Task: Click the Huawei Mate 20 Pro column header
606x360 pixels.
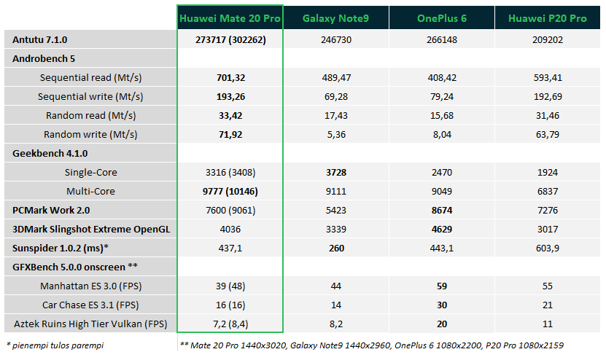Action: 230,18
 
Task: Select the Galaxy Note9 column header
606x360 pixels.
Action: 335,18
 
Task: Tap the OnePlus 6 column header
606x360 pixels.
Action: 442,18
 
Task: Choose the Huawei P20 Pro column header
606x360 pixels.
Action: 547,18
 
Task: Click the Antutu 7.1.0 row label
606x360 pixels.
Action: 40,40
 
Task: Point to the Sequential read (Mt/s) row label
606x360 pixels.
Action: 91,78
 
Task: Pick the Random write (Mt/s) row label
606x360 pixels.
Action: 90,134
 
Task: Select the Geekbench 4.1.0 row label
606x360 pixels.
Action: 50,153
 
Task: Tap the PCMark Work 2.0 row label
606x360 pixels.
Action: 51,210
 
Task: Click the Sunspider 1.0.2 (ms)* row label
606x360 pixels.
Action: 61,248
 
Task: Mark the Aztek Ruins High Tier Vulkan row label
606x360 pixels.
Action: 90,324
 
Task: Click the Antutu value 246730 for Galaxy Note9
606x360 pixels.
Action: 336,40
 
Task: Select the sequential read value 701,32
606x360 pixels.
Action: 230,78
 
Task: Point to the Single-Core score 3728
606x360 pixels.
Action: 336,172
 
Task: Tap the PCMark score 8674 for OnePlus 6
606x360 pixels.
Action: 442,210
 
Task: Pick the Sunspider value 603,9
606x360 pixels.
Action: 548,248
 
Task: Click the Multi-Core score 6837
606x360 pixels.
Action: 548,191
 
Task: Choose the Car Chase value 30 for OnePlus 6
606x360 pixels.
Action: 442,305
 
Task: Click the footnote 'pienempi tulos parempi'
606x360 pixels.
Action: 58,345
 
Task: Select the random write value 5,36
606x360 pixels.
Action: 336,134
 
